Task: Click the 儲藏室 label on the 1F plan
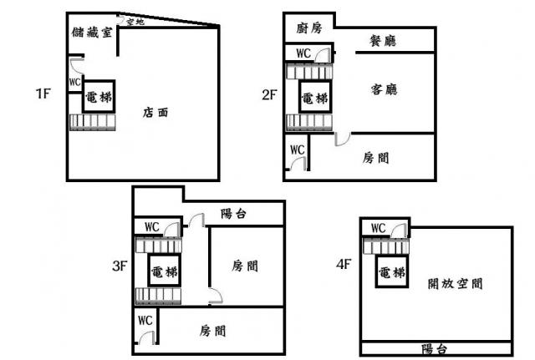92,33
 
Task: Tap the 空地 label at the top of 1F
135,22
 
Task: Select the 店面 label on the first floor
155,112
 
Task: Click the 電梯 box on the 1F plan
99,97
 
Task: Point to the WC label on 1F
74,82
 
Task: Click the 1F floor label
43,94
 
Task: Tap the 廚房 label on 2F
309,28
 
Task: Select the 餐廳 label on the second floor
383,41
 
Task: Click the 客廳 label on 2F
385,89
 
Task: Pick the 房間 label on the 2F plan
375,158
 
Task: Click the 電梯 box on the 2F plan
315,97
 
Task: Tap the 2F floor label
269,94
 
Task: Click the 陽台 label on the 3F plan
233,214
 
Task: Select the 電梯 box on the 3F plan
164,271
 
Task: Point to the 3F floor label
120,266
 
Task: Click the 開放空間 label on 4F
455,283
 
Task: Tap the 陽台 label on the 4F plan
434,349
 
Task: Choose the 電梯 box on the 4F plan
392,271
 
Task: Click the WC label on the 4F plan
379,228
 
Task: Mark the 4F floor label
344,264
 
